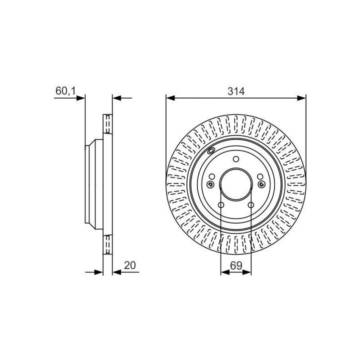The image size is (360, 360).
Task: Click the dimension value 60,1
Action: [65, 91]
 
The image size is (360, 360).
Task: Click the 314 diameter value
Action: [236, 91]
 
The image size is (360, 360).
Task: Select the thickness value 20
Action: [130, 265]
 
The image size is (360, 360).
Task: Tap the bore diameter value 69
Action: [236, 265]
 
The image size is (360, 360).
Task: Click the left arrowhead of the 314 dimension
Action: [170, 98]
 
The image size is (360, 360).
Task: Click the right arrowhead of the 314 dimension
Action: [301, 98]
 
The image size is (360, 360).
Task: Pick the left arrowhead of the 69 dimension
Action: [225, 272]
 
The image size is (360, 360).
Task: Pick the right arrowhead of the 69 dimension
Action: [247, 272]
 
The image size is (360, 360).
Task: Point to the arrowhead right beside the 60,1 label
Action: [80, 98]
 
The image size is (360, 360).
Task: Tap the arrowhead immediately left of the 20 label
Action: [117, 272]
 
